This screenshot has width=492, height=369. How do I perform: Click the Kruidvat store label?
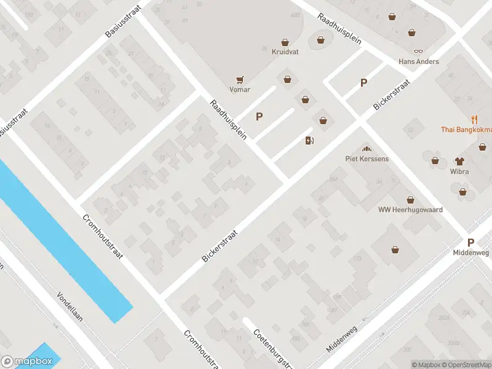coord(285,52)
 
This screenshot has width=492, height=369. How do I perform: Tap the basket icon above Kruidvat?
coord(285,42)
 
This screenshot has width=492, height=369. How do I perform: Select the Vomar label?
coord(240,89)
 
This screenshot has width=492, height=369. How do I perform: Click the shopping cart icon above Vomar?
coord(240,79)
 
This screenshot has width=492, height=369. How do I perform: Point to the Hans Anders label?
coord(419,61)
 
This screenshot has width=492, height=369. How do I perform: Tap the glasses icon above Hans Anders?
coord(419,52)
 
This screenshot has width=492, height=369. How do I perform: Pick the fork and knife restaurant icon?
coord(474,119)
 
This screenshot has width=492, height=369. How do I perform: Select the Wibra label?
coord(459,172)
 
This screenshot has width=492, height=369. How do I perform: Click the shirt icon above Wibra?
coord(459,161)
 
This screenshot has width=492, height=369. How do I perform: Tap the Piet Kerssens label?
coord(367,159)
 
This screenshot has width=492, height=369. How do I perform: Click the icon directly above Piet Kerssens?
coord(367,148)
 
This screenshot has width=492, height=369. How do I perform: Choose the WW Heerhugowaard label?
coord(410,210)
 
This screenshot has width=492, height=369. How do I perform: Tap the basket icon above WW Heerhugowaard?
coord(410,199)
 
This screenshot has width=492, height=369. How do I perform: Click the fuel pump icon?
coord(309,140)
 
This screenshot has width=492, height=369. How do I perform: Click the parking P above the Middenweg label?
coord(470,243)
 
